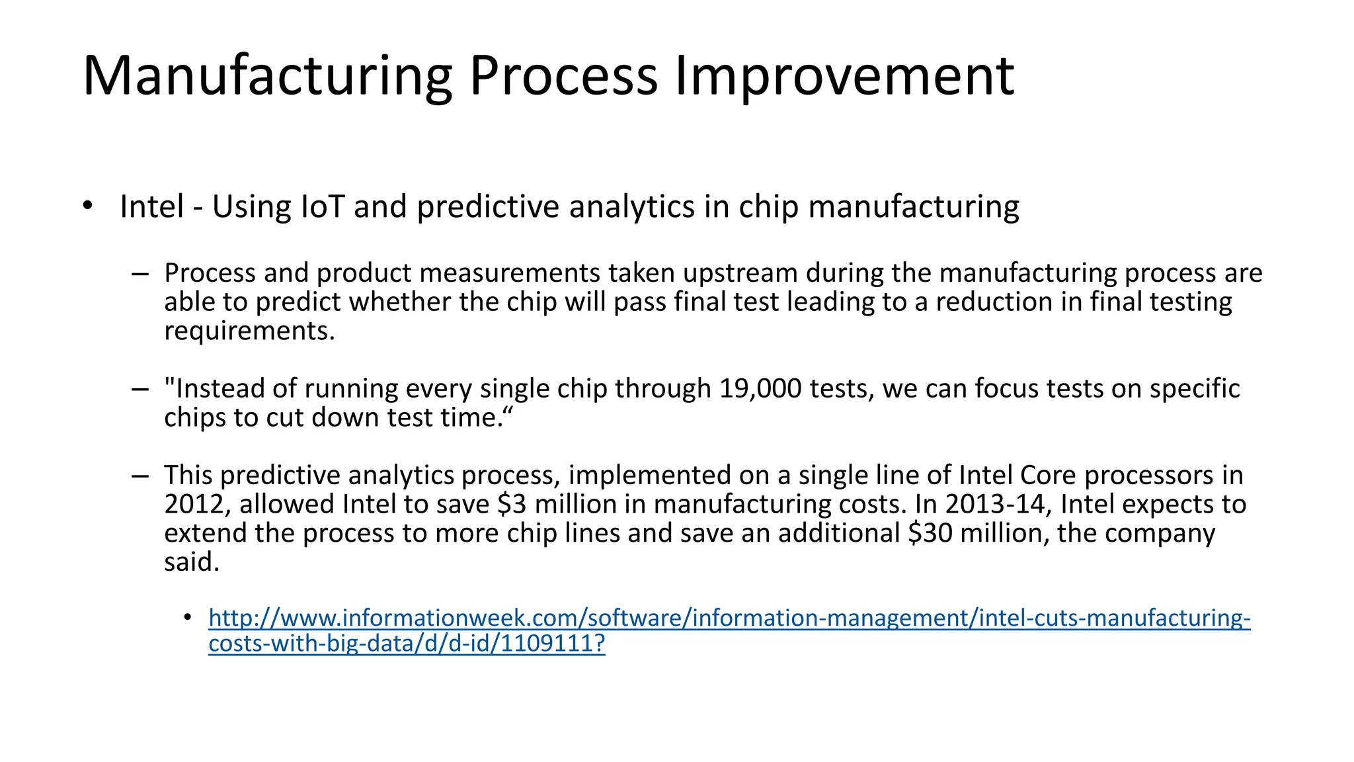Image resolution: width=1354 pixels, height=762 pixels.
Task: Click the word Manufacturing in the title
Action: click(267, 77)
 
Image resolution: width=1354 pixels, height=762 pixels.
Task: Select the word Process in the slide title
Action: click(563, 77)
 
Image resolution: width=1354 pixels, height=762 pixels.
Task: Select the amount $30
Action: click(930, 533)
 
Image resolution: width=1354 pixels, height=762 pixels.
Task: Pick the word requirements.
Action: click(249, 331)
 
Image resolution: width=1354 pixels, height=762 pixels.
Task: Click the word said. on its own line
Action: click(192, 562)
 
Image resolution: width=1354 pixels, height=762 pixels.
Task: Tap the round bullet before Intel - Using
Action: click(88, 206)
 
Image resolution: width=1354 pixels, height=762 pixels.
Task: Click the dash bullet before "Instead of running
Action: click(139, 389)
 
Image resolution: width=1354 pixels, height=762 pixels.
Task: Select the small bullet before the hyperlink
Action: click(188, 618)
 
